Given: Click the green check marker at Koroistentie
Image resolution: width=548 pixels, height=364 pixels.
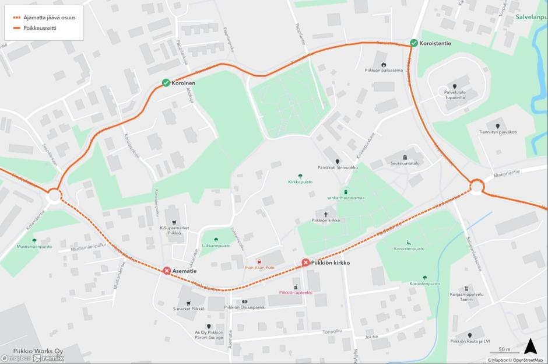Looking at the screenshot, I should (413, 43).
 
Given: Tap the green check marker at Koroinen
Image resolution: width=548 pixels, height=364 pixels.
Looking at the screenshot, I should (166, 83).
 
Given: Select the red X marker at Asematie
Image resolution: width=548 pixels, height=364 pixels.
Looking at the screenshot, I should (167, 270).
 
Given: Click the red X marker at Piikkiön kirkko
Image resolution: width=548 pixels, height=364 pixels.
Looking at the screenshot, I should (305, 262).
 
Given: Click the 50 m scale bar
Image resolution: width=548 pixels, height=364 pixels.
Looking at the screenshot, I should (505, 351).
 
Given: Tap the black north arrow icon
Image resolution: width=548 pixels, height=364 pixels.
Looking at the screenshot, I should (530, 347).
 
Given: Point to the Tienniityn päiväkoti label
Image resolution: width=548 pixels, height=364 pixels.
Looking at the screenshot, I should (497, 132).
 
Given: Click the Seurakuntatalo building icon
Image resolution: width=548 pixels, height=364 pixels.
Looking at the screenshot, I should (406, 157).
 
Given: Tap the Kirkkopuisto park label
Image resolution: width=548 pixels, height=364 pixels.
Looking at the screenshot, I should (300, 182).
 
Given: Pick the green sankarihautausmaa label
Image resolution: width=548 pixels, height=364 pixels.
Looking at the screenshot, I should (346, 198).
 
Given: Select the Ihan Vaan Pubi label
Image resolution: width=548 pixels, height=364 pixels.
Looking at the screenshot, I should (260, 268).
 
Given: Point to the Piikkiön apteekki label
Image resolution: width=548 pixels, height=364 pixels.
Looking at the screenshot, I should (296, 293).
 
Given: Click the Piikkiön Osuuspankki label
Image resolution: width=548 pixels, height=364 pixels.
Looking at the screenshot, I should (245, 307).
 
